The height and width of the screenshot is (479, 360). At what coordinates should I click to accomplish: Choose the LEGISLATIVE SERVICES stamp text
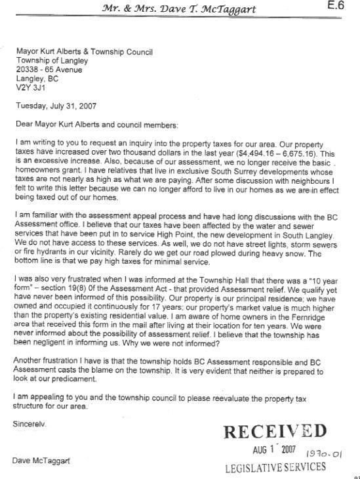tap(275, 467)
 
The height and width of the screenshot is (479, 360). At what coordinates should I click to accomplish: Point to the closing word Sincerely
tap(30, 425)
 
